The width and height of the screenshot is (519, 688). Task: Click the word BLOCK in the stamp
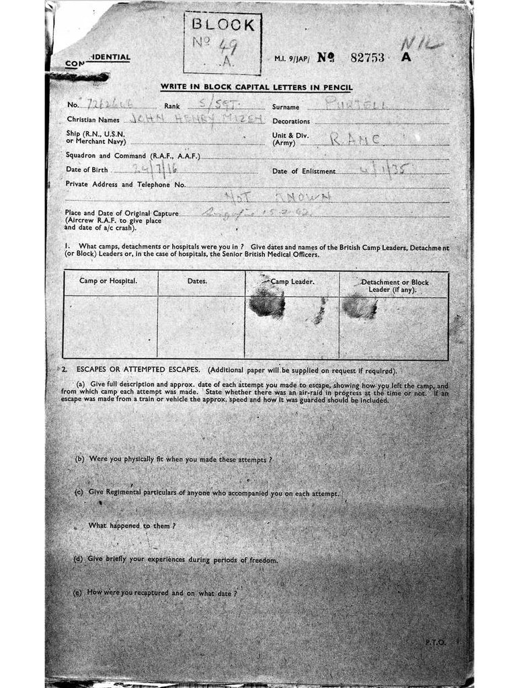click(x=223, y=26)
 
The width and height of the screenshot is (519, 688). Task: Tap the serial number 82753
click(x=367, y=58)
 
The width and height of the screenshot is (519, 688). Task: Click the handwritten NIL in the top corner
click(x=422, y=45)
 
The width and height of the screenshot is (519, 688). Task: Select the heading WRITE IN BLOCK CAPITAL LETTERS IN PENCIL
click(x=256, y=87)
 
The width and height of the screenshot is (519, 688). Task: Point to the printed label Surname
click(x=290, y=107)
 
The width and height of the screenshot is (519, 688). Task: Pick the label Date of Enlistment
click(x=303, y=171)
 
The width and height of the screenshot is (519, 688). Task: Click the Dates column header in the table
click(x=197, y=280)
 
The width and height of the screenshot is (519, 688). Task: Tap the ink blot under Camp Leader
click(x=267, y=304)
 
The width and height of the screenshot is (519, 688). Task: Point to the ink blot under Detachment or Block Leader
click(x=360, y=306)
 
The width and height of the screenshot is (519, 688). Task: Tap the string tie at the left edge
click(x=79, y=77)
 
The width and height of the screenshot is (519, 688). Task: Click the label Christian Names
click(x=93, y=120)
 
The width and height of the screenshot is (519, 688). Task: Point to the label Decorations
click(x=291, y=122)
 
